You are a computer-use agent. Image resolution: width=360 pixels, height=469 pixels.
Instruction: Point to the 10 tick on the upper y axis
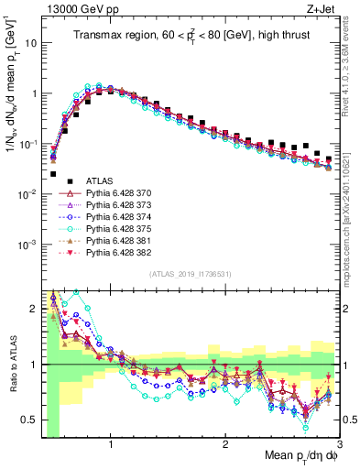pos(31,43)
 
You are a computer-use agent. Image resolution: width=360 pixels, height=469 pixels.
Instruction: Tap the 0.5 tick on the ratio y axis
pos(27,420)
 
